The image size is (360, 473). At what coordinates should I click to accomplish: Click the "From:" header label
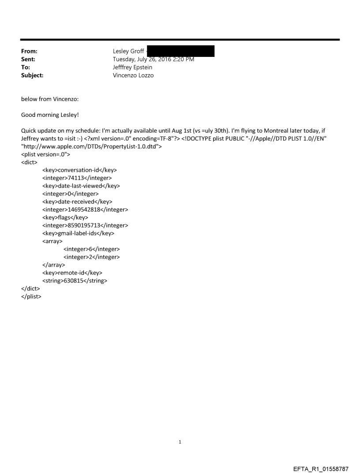click(29, 51)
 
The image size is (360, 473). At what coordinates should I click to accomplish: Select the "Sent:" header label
click(28, 59)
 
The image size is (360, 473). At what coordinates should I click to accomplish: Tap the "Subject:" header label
click(33, 75)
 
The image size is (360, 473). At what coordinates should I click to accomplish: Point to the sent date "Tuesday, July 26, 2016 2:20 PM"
click(154, 59)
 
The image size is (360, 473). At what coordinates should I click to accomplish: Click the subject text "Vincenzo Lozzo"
click(133, 75)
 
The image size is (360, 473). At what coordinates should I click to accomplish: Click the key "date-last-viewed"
click(81, 186)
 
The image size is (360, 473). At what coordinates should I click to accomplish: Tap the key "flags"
click(65, 217)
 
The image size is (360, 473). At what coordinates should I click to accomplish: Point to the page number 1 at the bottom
click(180, 442)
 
